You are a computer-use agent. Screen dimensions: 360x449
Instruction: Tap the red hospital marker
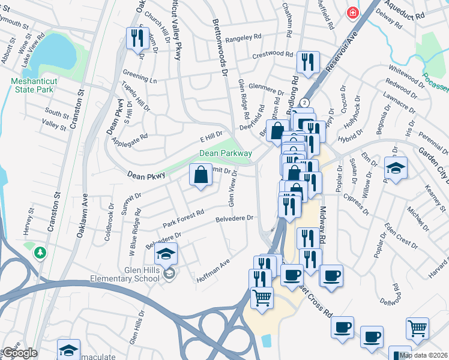(352, 12)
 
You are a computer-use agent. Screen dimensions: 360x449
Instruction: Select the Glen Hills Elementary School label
(132, 274)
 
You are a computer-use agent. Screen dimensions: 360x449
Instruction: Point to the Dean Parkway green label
(225, 154)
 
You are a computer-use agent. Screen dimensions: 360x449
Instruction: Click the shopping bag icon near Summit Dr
(201, 175)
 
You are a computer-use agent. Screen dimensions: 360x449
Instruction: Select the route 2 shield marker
(305, 103)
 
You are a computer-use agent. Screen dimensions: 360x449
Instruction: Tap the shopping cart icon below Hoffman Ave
(262, 298)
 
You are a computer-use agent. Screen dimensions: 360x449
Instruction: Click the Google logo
(19, 353)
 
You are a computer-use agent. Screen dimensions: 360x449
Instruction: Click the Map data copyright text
(424, 355)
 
